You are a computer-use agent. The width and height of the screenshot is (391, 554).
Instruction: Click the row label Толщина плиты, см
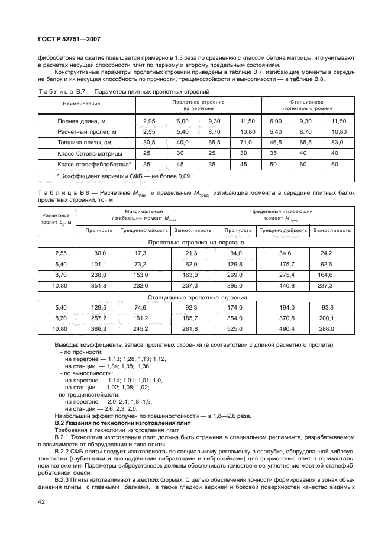pyautogui.click(x=84, y=143)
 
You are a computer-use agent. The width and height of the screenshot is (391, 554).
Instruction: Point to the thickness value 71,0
pyautogui.click(x=246, y=143)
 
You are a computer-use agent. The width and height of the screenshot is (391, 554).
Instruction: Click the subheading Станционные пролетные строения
pyautogui.click(x=197, y=297)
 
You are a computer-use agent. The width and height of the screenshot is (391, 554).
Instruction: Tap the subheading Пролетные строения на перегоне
pyautogui.click(x=197, y=242)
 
